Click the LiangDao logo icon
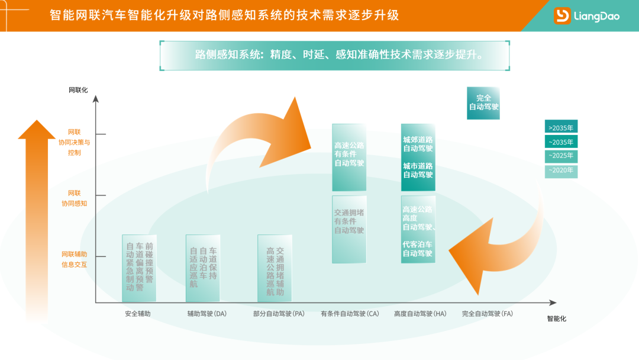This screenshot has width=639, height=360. [x=561, y=16]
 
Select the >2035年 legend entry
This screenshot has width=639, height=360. [x=561, y=127]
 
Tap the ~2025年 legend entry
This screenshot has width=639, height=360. [x=561, y=156]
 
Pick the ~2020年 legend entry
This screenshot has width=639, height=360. [x=561, y=171]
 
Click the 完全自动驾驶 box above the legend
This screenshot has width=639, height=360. [x=483, y=103]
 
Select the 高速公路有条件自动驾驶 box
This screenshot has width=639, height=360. [x=349, y=156]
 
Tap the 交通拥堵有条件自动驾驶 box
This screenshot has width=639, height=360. [x=349, y=229]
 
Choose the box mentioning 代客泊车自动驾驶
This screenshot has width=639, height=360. [x=418, y=229]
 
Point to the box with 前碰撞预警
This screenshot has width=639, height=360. [x=140, y=268]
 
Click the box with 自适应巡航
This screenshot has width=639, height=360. [x=203, y=268]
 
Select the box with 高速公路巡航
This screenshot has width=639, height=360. [x=275, y=268]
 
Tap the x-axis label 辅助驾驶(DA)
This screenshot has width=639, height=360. [x=203, y=314]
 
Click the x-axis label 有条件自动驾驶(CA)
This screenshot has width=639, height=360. [x=350, y=314]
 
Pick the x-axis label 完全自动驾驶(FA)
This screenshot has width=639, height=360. [x=488, y=314]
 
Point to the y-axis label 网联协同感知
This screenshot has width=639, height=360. [x=75, y=198]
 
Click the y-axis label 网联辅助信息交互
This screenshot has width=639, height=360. [x=75, y=259]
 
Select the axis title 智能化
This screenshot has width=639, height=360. [x=556, y=319]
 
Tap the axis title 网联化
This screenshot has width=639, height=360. [x=78, y=91]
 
